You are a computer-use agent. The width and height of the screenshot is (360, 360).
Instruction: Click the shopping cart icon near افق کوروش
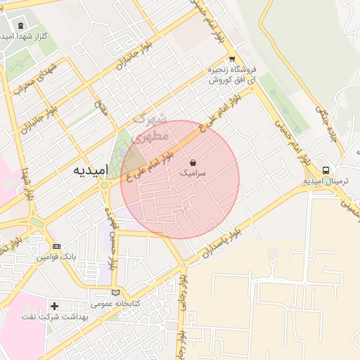tap(231, 59)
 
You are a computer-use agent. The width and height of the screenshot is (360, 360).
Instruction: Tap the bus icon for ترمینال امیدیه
tap(326, 170)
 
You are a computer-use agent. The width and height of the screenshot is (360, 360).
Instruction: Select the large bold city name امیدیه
tap(90, 171)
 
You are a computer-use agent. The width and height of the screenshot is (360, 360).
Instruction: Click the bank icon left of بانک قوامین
tap(57, 247)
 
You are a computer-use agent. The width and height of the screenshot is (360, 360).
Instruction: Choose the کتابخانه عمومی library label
tap(116, 304)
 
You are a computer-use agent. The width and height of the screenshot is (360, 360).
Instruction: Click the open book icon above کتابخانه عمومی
tap(116, 292)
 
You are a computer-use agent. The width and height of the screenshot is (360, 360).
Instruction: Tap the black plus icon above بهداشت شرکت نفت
tap(55, 306)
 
